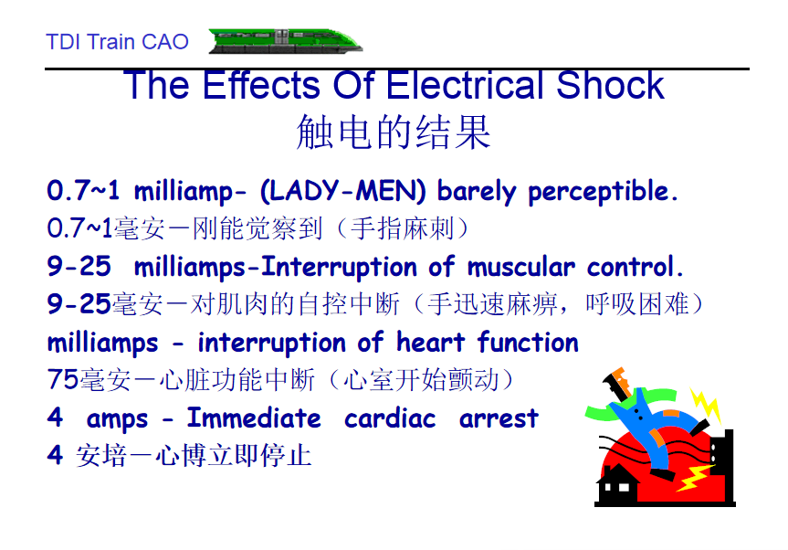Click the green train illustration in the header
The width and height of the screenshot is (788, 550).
pyautogui.click(x=286, y=41)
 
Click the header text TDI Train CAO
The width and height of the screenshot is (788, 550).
pyautogui.click(x=117, y=42)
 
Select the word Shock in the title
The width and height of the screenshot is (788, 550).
pyautogui.click(x=610, y=85)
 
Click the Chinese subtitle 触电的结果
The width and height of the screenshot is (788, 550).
pyautogui.click(x=394, y=132)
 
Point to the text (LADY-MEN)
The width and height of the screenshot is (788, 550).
pyautogui.click(x=342, y=191)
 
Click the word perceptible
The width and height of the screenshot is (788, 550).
pyautogui.click(x=603, y=192)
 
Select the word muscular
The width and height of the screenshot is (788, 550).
pyautogui.click(x=521, y=267)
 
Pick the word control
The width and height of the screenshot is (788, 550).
pyautogui.click(x=636, y=267)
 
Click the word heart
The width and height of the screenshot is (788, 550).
pyautogui.click(x=430, y=343)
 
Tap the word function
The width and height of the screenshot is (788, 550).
pyautogui.click(x=528, y=343)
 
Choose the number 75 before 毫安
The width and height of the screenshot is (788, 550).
pyautogui.click(x=63, y=379)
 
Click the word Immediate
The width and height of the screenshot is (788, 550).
pyautogui.click(x=254, y=418)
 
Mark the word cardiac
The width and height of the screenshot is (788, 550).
pyautogui.click(x=390, y=418)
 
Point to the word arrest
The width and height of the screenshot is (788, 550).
pyautogui.click(x=499, y=418)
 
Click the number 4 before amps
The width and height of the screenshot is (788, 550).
pyautogui.click(x=55, y=418)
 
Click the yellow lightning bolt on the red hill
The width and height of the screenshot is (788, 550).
pyautogui.click(x=694, y=477)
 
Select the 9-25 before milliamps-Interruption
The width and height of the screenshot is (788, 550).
pyautogui.click(x=79, y=266)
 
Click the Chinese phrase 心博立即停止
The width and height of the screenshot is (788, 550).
pyautogui.click(x=233, y=456)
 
